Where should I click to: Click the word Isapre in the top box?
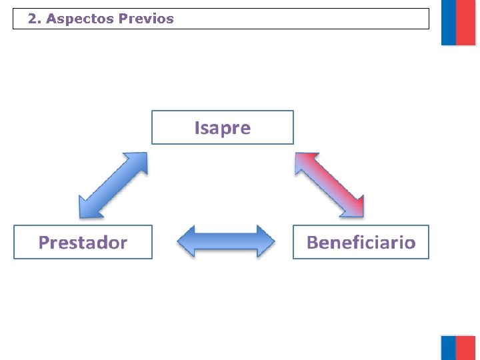point(223,127)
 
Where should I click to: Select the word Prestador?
point(83,242)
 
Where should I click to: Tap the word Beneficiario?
point(361,242)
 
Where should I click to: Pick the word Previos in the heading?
point(146,19)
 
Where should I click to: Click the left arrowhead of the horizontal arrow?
point(186,241)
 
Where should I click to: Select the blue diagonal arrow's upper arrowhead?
point(139,161)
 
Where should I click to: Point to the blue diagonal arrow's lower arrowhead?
point(87,209)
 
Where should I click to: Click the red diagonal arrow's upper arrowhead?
point(303,161)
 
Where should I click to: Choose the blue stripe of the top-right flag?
point(449,23)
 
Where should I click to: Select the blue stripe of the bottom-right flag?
point(449,348)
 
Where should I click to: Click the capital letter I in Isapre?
point(197,127)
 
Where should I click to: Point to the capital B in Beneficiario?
point(312,242)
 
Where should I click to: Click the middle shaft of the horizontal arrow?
point(225,241)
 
